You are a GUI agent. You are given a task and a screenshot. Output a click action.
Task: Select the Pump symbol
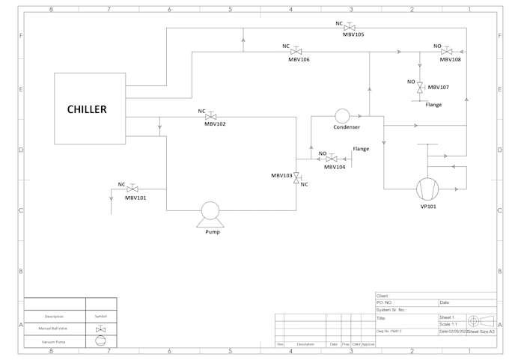210,213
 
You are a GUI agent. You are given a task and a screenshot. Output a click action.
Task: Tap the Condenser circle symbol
342,116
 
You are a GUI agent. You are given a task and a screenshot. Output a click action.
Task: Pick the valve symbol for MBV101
132,189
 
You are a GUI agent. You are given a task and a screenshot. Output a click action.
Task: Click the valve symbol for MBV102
211,116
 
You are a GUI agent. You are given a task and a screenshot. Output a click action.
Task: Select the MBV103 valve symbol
296,178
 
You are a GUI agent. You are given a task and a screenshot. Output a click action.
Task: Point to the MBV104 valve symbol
332,159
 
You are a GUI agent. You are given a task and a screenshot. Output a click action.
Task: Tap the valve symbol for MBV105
350,27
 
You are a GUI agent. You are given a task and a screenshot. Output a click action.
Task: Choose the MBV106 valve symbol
296,52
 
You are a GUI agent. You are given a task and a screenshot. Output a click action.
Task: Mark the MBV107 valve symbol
420,87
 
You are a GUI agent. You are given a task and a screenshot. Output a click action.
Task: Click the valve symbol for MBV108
446,52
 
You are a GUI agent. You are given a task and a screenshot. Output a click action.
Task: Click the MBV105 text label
353,34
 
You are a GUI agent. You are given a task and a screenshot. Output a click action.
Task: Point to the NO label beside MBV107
411,82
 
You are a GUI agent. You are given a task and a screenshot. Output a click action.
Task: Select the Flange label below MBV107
433,105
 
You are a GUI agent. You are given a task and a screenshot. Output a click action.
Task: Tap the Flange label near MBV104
361,149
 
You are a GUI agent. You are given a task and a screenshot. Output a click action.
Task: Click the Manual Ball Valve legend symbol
101,329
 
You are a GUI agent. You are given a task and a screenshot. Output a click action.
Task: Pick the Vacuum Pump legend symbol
101,341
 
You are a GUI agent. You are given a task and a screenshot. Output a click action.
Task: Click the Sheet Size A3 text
481,331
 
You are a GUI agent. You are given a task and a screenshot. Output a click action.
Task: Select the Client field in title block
383,296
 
